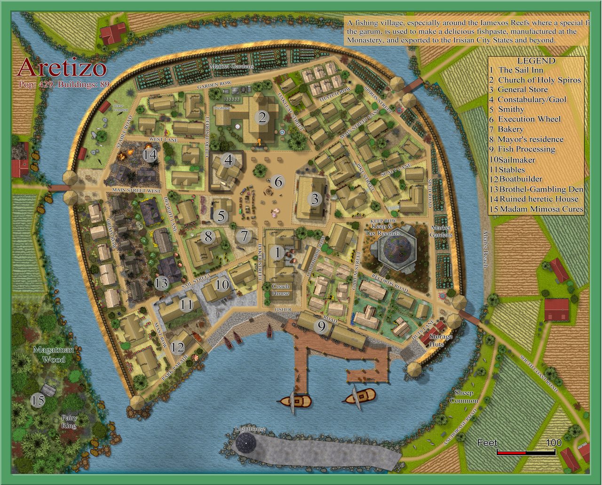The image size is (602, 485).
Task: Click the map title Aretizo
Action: pyautogui.click(x=62, y=68)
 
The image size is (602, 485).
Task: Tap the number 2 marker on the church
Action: pyautogui.click(x=262, y=117)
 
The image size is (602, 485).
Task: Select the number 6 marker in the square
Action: pyautogui.click(x=278, y=181)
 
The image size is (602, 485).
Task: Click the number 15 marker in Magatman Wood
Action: pyautogui.click(x=38, y=400)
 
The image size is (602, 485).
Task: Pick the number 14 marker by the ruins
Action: pyautogui.click(x=150, y=155)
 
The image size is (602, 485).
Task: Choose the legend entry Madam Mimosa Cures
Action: pyautogui.click(x=541, y=209)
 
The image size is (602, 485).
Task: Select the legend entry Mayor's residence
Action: pyautogui.click(x=531, y=139)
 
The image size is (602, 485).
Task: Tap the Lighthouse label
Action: pyautogui.click(x=250, y=429)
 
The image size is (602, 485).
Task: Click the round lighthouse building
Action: pyautogui.click(x=246, y=443)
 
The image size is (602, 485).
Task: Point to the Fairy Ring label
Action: pyautogui.click(x=68, y=422)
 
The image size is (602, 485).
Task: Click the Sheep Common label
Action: pyautogui.click(x=463, y=397)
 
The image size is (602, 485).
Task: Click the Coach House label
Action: pyautogui.click(x=280, y=289)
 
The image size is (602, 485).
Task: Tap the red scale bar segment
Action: pyautogui.click(x=511, y=452)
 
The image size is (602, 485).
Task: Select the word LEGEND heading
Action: pyautogui.click(x=536, y=61)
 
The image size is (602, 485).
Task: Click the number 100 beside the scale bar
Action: pyautogui.click(x=554, y=443)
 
